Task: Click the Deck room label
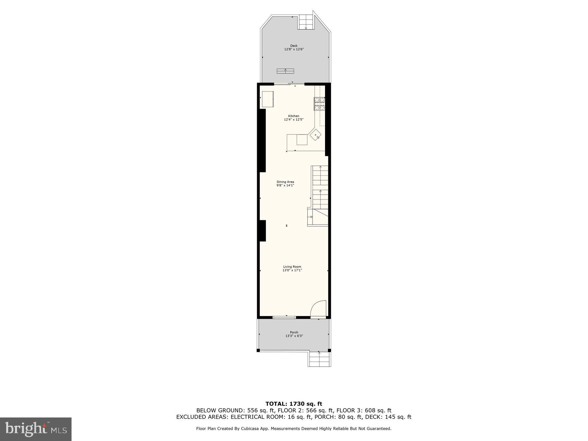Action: tap(294, 46)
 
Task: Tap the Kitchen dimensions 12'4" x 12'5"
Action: tap(293, 120)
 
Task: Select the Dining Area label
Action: tap(285, 182)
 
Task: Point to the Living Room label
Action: tap(292, 267)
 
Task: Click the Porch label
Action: tap(294, 333)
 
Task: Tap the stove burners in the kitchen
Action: tap(319, 104)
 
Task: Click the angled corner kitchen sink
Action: tap(316, 135)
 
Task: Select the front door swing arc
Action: tap(318, 309)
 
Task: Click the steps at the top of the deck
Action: tap(306, 22)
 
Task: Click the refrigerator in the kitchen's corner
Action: tap(267, 99)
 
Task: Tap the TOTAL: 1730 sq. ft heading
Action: tap(294, 404)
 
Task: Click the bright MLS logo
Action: tap(36, 429)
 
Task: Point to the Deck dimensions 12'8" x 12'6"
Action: tap(294, 49)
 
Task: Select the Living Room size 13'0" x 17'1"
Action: tap(292, 270)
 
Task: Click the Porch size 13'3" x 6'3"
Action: tap(294, 336)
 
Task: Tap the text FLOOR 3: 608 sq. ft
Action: tap(364, 410)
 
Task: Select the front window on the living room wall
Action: tap(284, 317)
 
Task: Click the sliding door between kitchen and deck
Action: tap(289, 84)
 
